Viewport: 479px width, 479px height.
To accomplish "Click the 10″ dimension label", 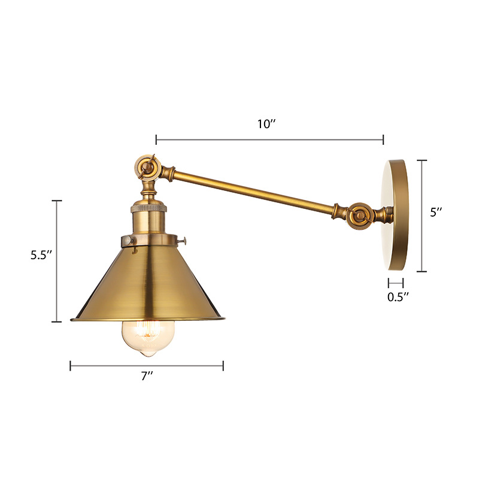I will click(x=266, y=124).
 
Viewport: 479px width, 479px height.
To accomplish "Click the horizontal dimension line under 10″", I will click(x=269, y=140).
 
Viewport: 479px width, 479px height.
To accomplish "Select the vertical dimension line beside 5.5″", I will click(x=58, y=261).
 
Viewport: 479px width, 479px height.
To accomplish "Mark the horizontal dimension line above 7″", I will click(x=147, y=365).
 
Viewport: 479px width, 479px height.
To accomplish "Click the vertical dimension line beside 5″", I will click(x=423, y=216).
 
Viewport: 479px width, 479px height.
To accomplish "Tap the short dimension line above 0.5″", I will click(x=395, y=282).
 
